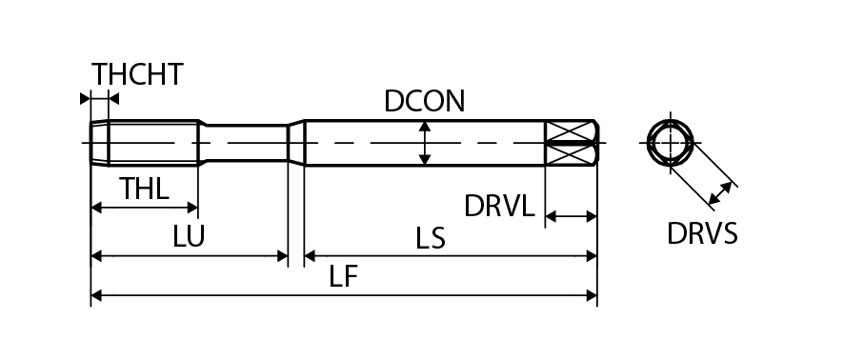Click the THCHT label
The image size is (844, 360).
coord(137,74)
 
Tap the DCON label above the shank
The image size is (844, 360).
coord(424,101)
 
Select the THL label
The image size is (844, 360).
coord(144,189)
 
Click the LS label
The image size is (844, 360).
coord(430,238)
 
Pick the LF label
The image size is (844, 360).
coord(344,277)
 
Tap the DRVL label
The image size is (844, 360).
coord(499,206)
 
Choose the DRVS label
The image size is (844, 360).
coord(702,234)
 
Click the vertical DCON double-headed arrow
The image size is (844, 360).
coord(425,143)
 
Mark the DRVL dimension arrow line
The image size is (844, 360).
coord(572,217)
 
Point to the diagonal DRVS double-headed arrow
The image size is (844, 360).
coord(720,193)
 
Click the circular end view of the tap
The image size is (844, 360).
coord(670,143)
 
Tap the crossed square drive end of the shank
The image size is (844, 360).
coord(572,143)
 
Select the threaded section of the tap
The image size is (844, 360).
coord(145,143)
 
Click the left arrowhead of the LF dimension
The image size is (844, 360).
coord(96,295)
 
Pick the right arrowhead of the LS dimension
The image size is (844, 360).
coord(592,255)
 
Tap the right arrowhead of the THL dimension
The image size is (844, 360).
coord(192,208)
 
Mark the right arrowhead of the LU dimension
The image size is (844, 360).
coord(282,255)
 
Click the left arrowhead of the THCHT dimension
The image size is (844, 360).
coord(85,98)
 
